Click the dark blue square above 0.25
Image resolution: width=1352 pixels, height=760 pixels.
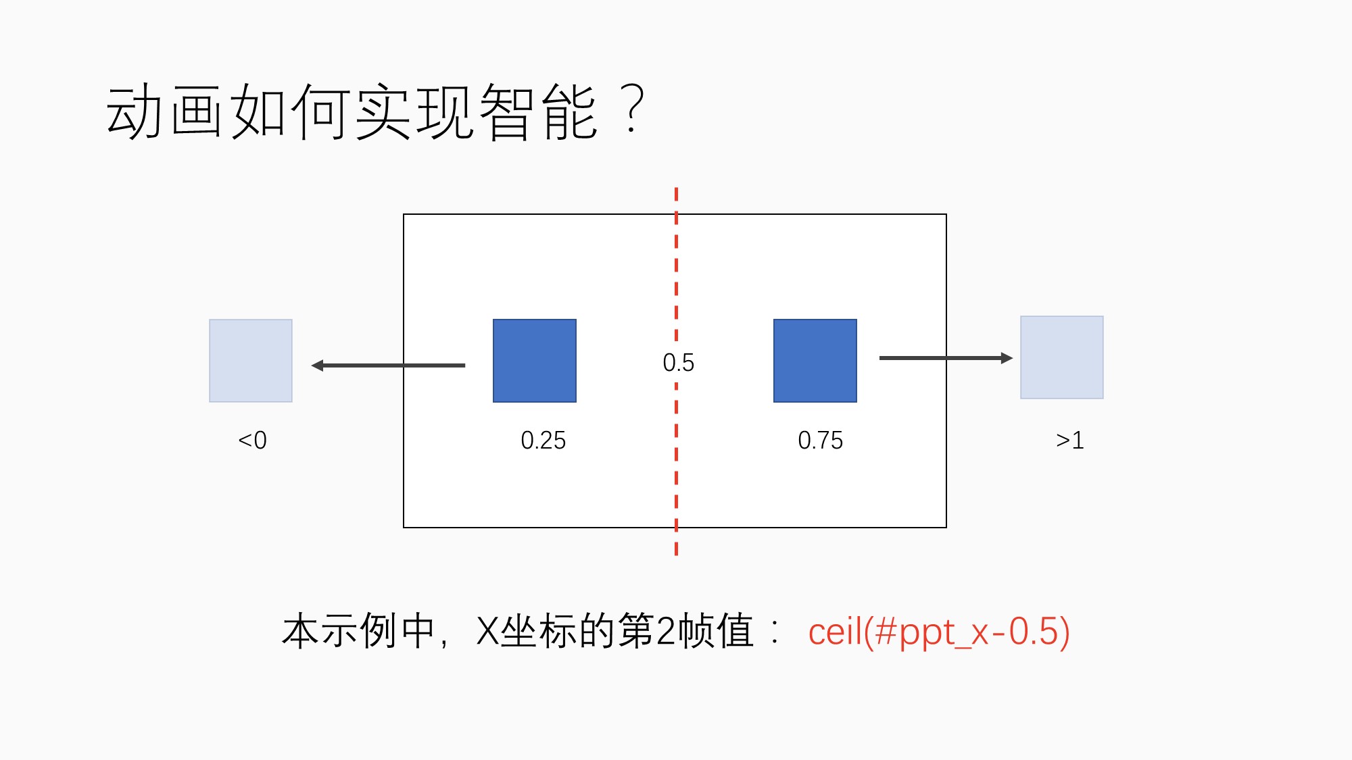pyautogui.click(x=535, y=361)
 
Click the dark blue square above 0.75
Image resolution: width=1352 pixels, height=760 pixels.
pyautogui.click(x=815, y=361)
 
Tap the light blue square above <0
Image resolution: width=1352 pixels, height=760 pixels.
pyautogui.click(x=251, y=361)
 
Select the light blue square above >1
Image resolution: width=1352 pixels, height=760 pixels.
pyautogui.click(x=1062, y=357)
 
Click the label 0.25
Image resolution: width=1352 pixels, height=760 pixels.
pyautogui.click(x=544, y=440)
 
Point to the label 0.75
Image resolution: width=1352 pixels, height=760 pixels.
pyautogui.click(x=821, y=440)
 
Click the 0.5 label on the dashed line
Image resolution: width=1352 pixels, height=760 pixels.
pyautogui.click(x=679, y=363)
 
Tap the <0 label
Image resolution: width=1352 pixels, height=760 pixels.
pyautogui.click(x=252, y=440)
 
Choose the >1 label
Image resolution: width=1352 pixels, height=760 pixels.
pyautogui.click(x=1070, y=440)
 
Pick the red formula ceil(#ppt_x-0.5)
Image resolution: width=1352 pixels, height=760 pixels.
pyautogui.click(x=939, y=632)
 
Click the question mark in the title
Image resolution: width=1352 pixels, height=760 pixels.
pyautogui.click(x=632, y=109)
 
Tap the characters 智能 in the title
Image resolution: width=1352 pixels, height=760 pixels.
pyautogui.click(x=539, y=111)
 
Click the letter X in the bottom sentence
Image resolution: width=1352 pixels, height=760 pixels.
pyautogui.click(x=487, y=632)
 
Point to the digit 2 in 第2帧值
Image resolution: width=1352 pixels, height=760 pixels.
pyautogui.click(x=667, y=632)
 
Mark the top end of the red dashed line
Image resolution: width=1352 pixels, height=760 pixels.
pyautogui.click(x=676, y=188)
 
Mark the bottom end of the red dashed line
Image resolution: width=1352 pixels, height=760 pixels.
pyautogui.click(x=676, y=555)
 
